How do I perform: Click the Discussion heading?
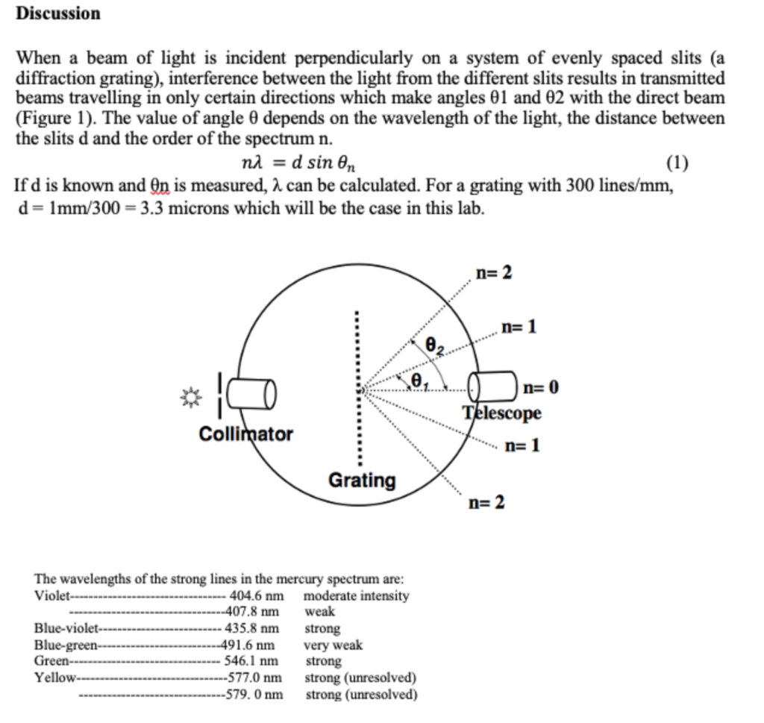tap(58, 13)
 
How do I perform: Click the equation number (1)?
tap(676, 163)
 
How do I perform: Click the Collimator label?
tap(246, 434)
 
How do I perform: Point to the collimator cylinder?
tap(252, 393)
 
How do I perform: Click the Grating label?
tap(363, 480)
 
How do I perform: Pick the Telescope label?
tap(501, 413)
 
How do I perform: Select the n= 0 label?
tap(541, 387)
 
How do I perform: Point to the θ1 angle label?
tap(419, 380)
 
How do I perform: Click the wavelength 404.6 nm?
tap(257, 596)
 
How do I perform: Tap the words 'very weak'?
tap(333, 645)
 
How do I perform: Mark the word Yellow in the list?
tap(55, 677)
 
